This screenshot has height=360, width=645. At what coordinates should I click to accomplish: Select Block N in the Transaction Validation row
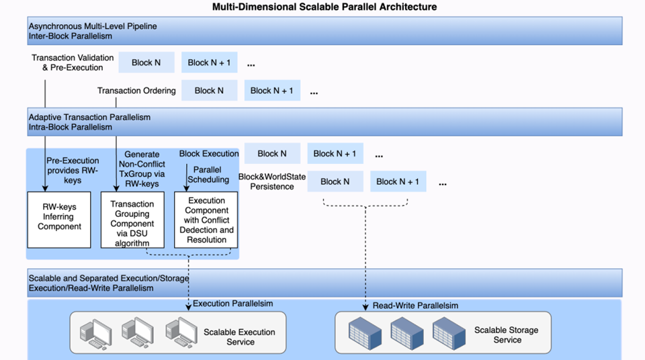(x=146, y=62)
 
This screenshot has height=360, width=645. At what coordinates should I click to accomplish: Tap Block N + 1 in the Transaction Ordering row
(x=272, y=91)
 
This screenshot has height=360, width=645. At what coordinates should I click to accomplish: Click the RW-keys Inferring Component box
(x=59, y=220)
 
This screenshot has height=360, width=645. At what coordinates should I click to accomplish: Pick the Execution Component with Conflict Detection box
(x=207, y=220)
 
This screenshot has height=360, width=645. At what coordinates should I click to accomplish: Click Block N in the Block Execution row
(x=272, y=154)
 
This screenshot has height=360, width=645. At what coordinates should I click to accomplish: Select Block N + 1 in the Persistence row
(x=398, y=181)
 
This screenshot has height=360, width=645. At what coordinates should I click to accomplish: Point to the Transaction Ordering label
(x=136, y=91)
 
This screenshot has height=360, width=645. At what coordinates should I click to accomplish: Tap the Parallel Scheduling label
(x=208, y=175)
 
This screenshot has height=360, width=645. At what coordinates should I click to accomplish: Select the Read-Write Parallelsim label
(x=415, y=306)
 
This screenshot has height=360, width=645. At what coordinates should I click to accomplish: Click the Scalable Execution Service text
(x=240, y=336)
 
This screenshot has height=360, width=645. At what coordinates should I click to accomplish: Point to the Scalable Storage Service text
(x=507, y=334)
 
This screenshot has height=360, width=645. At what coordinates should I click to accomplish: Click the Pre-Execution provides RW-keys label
(x=73, y=171)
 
